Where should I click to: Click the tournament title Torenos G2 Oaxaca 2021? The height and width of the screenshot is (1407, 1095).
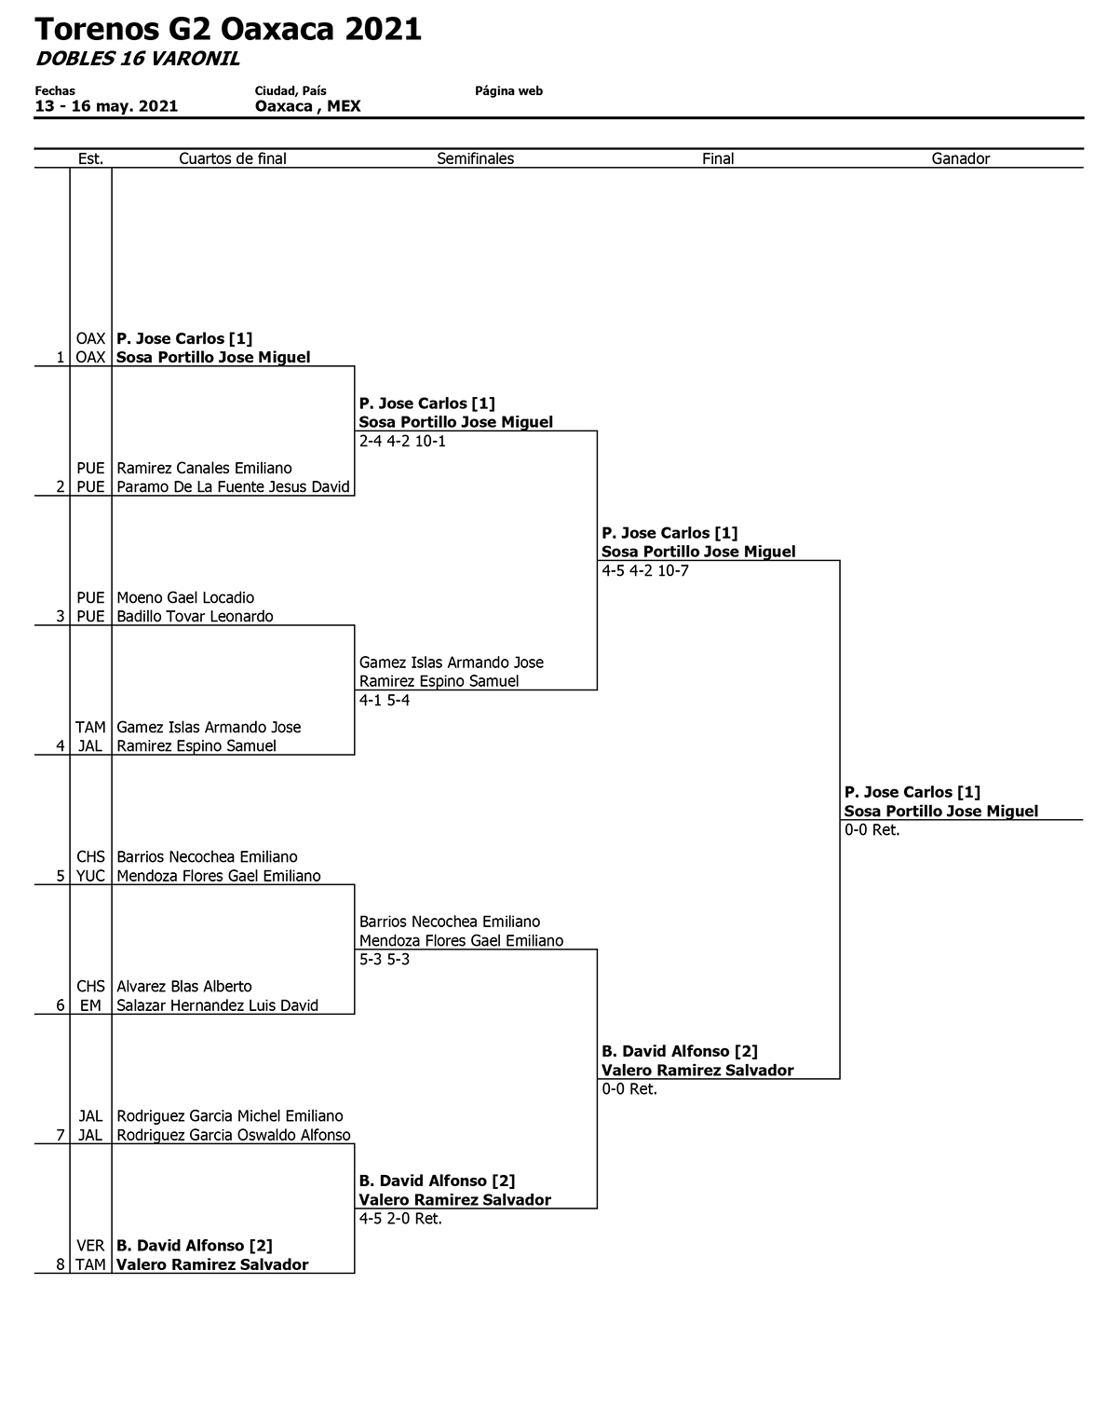pos(228,29)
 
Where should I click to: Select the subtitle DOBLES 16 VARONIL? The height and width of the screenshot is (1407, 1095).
pos(138,59)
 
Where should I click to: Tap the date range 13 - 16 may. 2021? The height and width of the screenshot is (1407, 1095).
pos(106,106)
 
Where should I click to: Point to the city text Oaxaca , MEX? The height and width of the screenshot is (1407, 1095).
pos(308,106)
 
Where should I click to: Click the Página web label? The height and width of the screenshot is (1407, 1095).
pos(508,91)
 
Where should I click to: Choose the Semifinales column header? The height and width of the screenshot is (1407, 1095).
pos(476,158)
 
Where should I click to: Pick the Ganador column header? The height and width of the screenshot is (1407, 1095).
pos(961,158)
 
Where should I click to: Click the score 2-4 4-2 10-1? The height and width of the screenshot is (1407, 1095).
pos(402,442)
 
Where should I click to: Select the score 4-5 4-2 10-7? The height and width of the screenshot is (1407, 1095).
pos(645,571)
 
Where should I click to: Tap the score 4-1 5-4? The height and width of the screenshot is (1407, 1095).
pos(385,701)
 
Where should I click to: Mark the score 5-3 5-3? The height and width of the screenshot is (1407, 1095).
pos(385,960)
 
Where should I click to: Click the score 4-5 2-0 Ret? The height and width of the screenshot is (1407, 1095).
pos(400,1219)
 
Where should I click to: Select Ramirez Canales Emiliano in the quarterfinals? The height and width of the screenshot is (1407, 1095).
pos(205,468)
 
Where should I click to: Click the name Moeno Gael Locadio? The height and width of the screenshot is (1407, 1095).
pos(185,597)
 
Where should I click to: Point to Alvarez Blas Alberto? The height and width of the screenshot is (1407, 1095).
pos(184,986)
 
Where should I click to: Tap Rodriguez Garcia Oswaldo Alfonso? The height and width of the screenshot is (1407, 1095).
pos(234,1135)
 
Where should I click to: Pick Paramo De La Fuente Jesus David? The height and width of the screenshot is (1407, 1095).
pos(234,487)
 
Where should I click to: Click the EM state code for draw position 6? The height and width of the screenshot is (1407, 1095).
pos(90,1005)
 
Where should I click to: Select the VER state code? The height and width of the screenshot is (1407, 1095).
pos(90,1246)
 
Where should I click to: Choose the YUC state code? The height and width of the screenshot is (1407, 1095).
pos(90,876)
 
